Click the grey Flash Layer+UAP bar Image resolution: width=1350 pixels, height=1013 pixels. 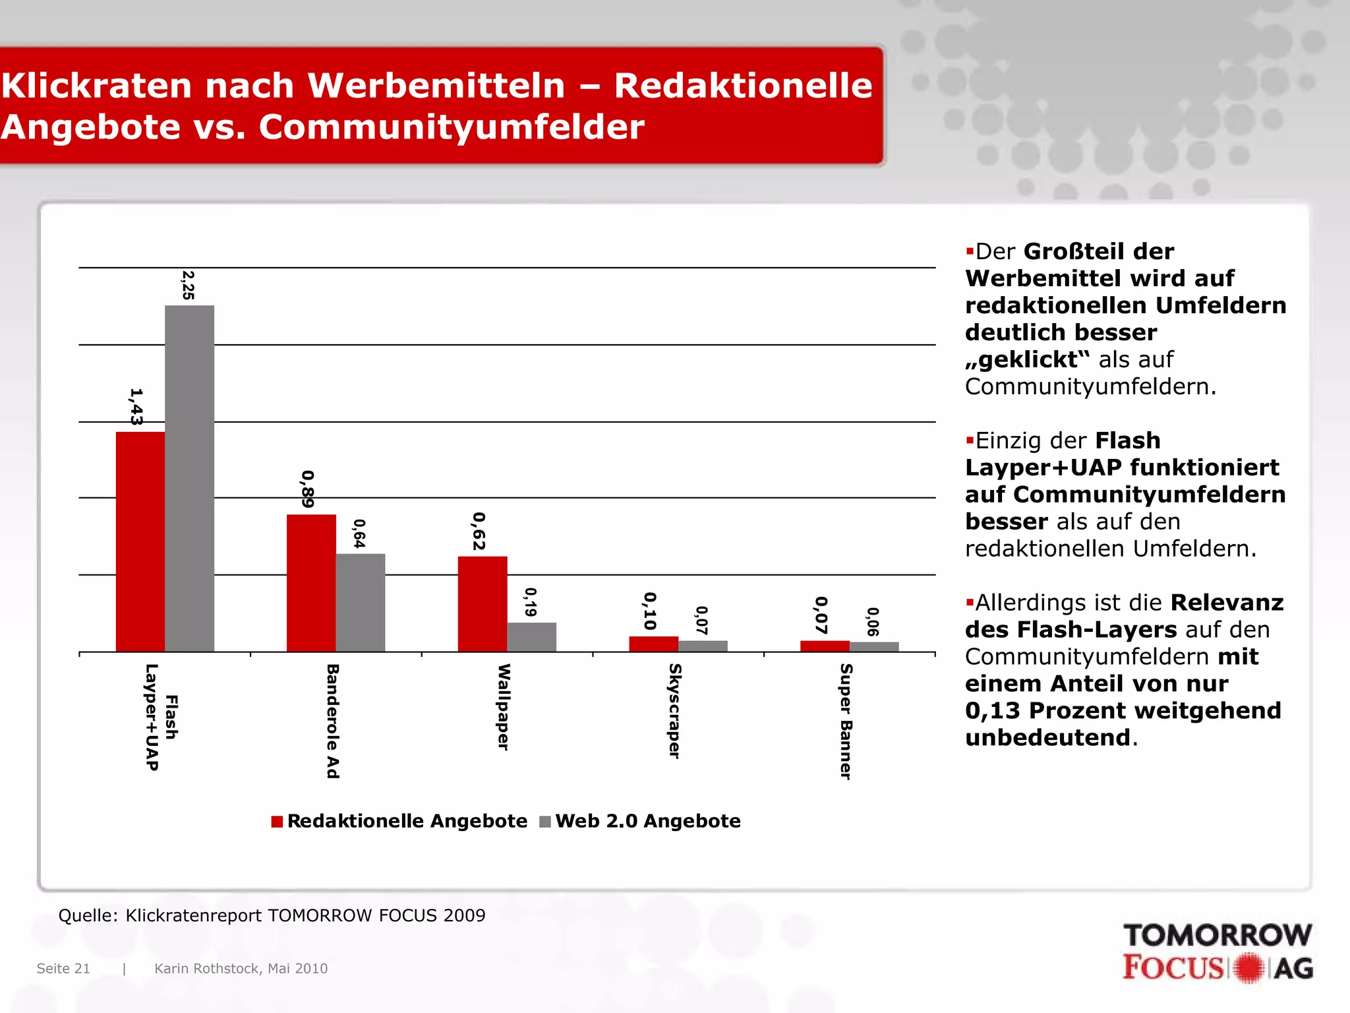click(x=189, y=478)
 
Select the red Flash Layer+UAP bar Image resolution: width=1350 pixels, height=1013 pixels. click(x=140, y=541)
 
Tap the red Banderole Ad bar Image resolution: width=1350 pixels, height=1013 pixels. click(x=311, y=583)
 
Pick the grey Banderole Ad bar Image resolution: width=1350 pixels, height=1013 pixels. click(x=360, y=602)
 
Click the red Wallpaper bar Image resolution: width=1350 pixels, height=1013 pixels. click(x=483, y=603)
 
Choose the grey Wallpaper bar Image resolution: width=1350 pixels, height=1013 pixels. click(x=531, y=636)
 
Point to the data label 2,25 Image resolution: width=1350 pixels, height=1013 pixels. click(x=188, y=285)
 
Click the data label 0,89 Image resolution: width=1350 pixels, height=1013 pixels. click(x=307, y=489)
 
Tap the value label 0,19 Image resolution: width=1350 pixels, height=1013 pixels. click(x=530, y=602)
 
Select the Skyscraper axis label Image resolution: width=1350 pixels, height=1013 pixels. click(x=674, y=711)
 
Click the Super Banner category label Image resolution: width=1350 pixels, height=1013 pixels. click(x=846, y=721)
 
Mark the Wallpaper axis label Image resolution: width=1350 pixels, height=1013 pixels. click(x=504, y=707)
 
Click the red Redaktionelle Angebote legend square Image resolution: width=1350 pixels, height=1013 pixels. click(x=277, y=822)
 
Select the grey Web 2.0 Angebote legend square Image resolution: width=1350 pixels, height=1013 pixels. click(x=545, y=822)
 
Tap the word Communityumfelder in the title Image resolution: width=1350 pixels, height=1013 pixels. click(x=452, y=127)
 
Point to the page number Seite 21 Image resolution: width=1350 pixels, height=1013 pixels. click(x=63, y=968)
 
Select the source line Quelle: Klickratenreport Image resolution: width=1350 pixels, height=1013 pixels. click(x=272, y=915)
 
